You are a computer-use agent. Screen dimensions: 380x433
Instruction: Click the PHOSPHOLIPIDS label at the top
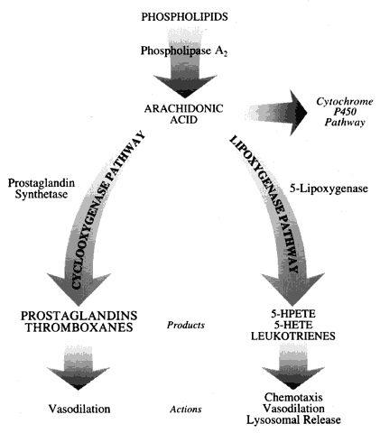184,17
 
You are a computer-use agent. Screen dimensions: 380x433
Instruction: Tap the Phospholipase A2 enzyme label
184,51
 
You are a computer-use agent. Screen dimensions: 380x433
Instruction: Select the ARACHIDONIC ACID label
183,114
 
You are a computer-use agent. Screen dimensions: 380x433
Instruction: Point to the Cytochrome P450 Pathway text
345,112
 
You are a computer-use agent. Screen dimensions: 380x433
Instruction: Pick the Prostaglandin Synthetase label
42,189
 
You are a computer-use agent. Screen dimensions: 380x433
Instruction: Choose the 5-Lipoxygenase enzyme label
329,189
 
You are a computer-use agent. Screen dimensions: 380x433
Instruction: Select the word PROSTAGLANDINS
79,316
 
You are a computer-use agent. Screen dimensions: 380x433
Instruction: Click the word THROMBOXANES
79,327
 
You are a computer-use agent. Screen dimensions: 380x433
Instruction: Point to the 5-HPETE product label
293,314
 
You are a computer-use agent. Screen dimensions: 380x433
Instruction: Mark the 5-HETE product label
293,325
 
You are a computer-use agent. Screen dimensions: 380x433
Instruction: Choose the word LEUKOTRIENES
293,336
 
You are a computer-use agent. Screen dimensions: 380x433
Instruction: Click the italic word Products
186,325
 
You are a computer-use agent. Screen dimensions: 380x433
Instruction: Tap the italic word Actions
186,410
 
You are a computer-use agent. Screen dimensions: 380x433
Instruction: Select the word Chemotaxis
293,398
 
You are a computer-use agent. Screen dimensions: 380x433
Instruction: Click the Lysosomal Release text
293,419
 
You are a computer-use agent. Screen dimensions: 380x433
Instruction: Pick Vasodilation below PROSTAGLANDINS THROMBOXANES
79,409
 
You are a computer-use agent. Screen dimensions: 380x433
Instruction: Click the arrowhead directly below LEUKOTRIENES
292,378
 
